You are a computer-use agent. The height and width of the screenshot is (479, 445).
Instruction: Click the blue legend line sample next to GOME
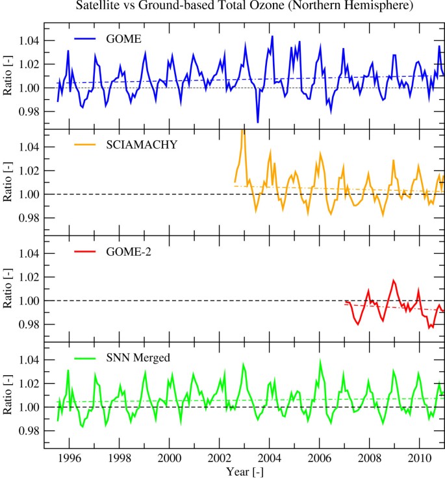coord(84,38)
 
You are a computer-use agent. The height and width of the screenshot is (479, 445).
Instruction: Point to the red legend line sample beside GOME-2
coord(84,251)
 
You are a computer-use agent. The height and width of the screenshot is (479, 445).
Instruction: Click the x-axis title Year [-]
coord(246,471)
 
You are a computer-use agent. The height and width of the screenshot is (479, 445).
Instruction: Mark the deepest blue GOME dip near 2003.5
coord(258,122)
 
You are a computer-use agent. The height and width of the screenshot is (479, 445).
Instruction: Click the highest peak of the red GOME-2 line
coord(394,280)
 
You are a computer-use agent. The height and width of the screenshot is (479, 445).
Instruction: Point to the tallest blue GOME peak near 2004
coord(272,36)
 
